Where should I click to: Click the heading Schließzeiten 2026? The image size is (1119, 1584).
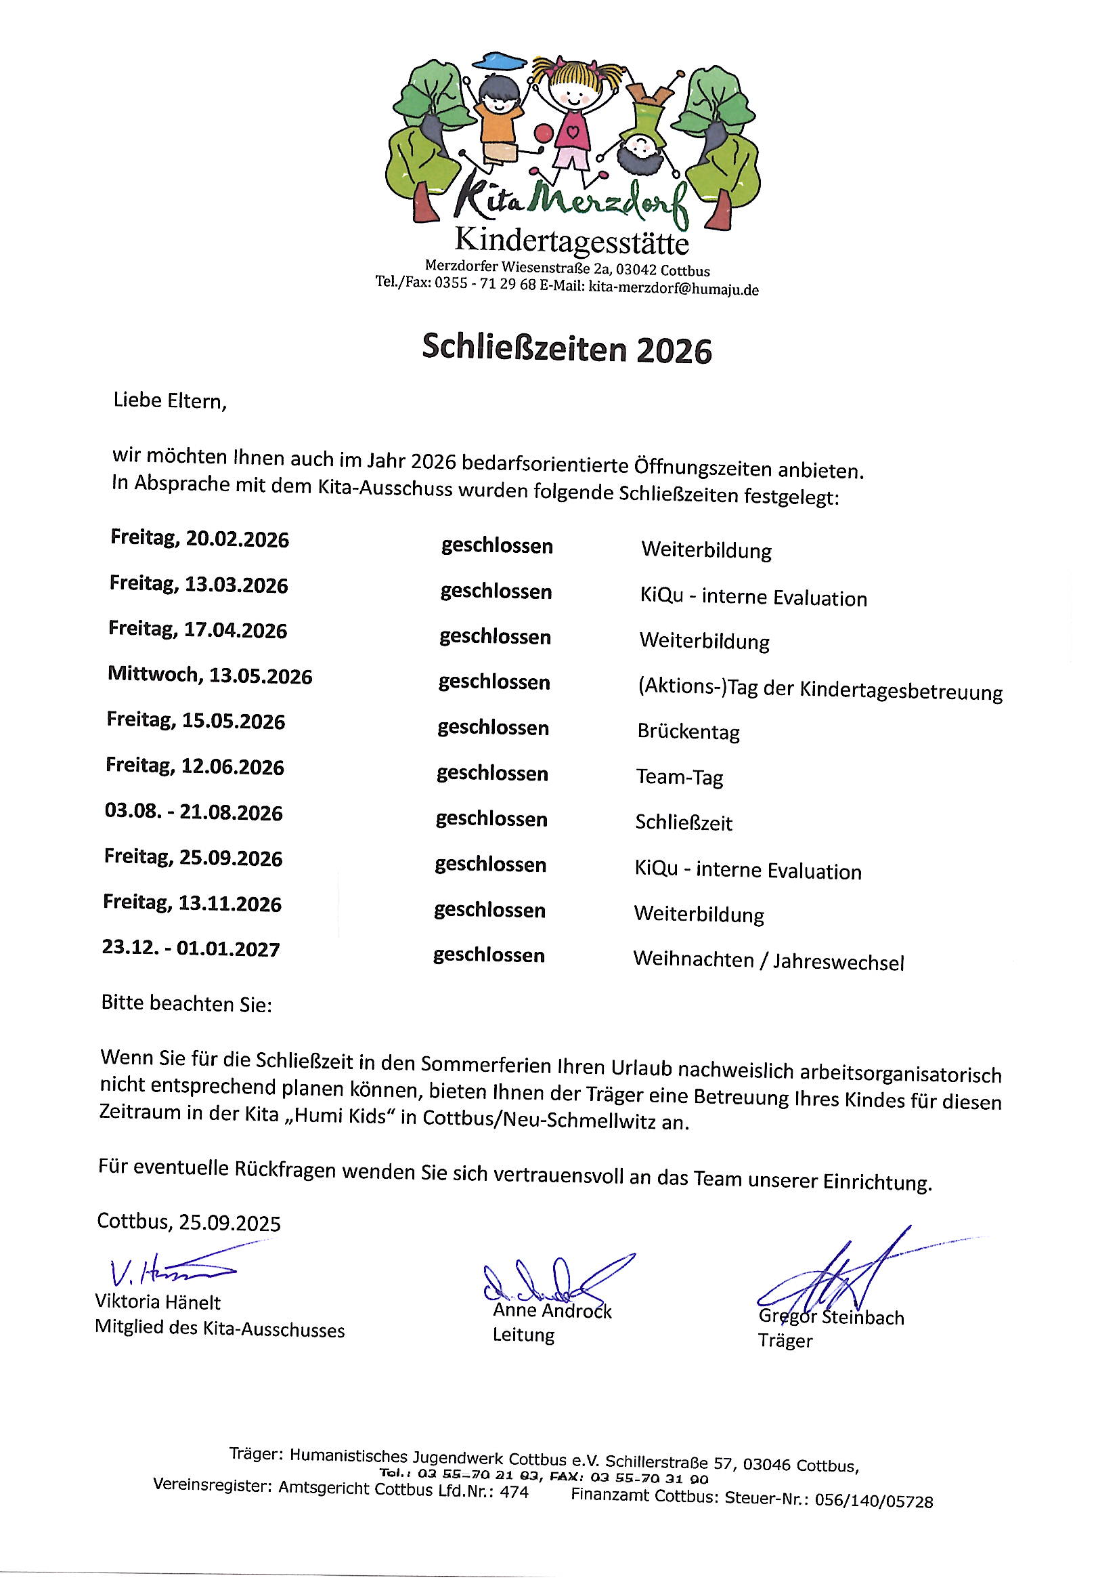coord(566,349)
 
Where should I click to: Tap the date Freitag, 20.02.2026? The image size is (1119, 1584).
coord(199,538)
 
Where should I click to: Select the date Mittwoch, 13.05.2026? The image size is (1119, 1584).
coord(210,675)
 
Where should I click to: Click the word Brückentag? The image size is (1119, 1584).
coord(688,731)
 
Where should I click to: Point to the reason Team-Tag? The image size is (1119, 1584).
coord(679,778)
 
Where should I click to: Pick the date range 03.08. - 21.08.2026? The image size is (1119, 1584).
coord(194,812)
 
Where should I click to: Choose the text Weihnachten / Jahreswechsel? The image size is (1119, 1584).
coord(768,960)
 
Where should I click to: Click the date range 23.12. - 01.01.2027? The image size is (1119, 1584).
coord(191,949)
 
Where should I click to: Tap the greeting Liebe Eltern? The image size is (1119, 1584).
coord(170,401)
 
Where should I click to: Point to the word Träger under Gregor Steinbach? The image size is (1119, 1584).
coord(785,1341)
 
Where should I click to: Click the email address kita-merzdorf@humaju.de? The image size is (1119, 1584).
coord(673,289)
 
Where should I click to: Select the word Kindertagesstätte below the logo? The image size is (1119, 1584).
coord(571,241)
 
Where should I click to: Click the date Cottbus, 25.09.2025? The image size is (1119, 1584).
coord(189,1222)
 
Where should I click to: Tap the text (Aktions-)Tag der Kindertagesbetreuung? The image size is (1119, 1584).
coord(820,690)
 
